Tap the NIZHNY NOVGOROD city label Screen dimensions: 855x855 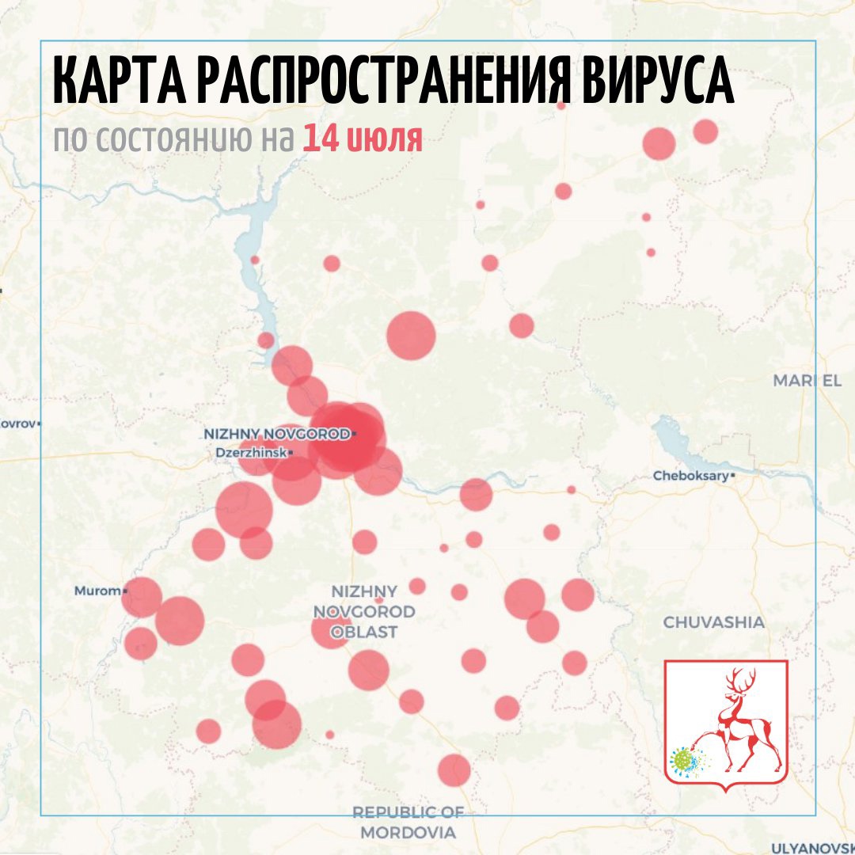pyautogui.click(x=277, y=434)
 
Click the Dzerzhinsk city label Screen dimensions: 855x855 pyautogui.click(x=251, y=453)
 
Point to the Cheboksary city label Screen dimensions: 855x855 pyautogui.click(x=690, y=476)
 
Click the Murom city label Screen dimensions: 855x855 pyautogui.click(x=97, y=591)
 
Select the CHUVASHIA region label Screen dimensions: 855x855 pyautogui.click(x=714, y=622)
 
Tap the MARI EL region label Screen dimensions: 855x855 pyautogui.click(x=807, y=381)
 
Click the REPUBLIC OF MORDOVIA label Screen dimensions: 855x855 pyautogui.click(x=408, y=823)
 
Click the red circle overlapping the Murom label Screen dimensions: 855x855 pyautogui.click(x=142, y=597)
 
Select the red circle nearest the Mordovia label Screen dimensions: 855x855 pyautogui.click(x=454, y=769)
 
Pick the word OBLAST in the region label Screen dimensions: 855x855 pyautogui.click(x=364, y=632)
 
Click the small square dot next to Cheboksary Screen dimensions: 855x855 pyautogui.click(x=734, y=476)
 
